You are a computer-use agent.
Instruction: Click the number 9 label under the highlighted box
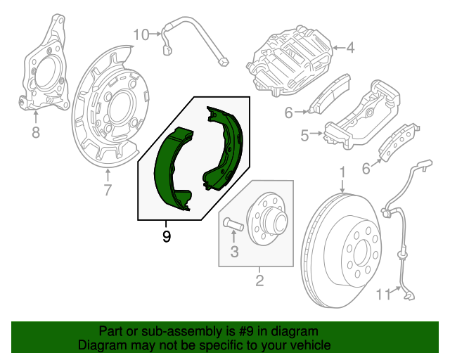(x=167, y=237)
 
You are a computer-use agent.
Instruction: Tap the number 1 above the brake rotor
(x=342, y=172)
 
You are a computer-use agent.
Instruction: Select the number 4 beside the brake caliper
(x=350, y=49)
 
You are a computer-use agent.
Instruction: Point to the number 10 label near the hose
(x=141, y=33)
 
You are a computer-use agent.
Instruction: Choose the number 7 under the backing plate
(x=108, y=189)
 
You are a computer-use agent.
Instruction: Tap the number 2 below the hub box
(x=259, y=282)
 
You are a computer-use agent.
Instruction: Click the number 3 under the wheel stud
(x=235, y=251)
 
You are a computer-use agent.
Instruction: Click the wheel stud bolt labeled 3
(x=233, y=224)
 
